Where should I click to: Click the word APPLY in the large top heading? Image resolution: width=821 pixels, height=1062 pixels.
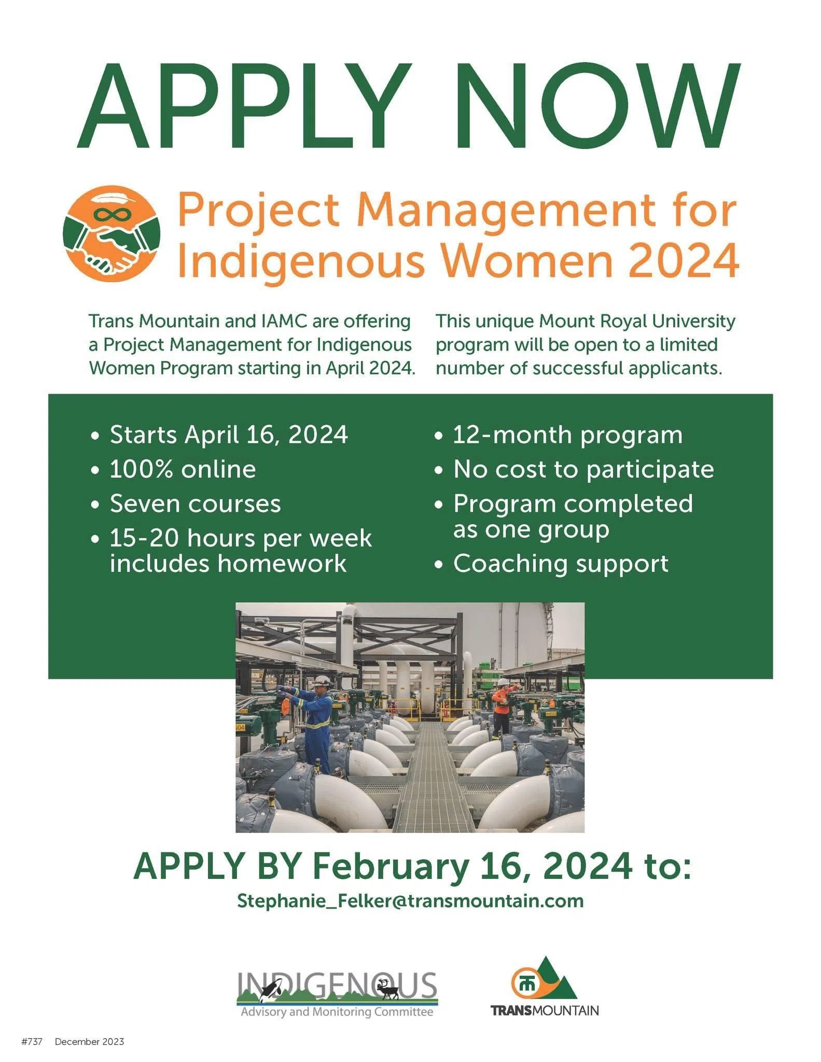244,106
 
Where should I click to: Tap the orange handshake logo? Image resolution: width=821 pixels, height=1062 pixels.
112,233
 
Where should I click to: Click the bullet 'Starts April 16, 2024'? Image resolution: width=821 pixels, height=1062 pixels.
228,435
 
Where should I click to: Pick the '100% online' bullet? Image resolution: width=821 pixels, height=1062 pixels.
183,469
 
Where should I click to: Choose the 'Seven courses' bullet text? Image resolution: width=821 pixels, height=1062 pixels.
195,504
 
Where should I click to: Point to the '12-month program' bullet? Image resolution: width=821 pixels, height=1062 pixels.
567,435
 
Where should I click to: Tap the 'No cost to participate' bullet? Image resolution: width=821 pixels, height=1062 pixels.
583,469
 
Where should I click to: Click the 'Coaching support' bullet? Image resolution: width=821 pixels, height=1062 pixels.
560,564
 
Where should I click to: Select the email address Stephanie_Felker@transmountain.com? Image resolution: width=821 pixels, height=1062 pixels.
410,901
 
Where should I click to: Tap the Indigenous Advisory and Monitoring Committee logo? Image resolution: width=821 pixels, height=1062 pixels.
337,995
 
